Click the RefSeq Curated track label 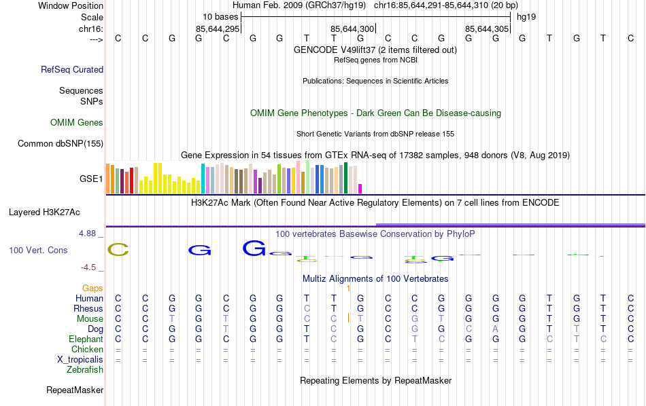pyautogui.click(x=72, y=69)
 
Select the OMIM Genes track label pyautogui.click(x=77, y=123)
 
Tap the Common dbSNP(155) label pyautogui.click(x=61, y=143)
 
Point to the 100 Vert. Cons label pyautogui.click(x=38, y=251)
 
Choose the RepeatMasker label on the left pyautogui.click(x=75, y=390)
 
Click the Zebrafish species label pyautogui.click(x=85, y=370)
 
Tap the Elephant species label pyautogui.click(x=86, y=339)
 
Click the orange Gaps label pyautogui.click(x=93, y=289)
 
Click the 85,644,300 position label pyautogui.click(x=352, y=29)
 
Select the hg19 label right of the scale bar pyautogui.click(x=526, y=16)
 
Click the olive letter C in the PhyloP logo pyautogui.click(x=118, y=250)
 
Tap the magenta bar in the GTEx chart pyautogui.click(x=360, y=189)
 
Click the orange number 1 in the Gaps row pyautogui.click(x=348, y=289)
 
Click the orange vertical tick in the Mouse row pyautogui.click(x=348, y=318)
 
